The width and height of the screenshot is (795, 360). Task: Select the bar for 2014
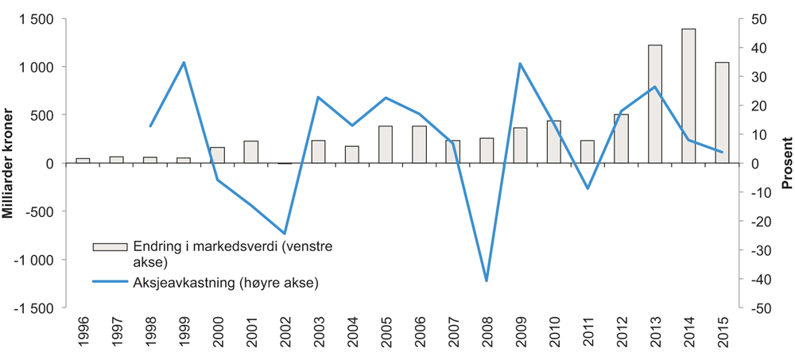point(688,96)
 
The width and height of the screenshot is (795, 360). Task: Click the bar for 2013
point(654,104)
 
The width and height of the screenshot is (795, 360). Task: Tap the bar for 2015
point(722,113)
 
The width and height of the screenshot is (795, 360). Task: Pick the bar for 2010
point(553,142)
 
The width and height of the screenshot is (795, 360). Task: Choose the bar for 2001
point(250,153)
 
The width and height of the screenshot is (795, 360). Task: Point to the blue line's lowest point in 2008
point(486,281)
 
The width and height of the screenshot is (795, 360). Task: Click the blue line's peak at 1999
point(184,62)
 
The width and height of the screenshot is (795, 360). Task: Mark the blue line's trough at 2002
point(285,234)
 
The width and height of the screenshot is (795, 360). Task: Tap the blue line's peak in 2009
point(520,64)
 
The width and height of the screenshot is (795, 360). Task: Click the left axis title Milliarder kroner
point(10,163)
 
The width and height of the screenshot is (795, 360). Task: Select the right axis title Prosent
point(785,163)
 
